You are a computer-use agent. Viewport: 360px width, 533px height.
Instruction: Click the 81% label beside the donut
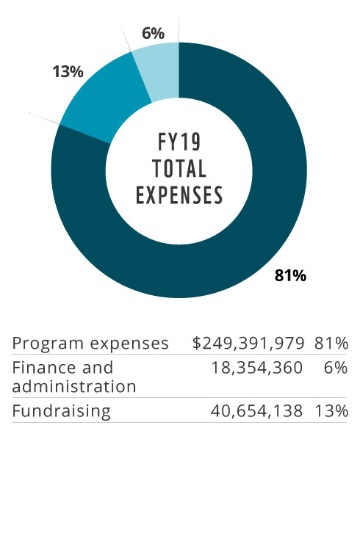coord(290,275)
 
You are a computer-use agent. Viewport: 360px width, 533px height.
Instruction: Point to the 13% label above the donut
coord(68,72)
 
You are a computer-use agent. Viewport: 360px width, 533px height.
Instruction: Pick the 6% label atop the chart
coord(153,33)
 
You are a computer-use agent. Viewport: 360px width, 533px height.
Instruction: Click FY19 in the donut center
coord(179,142)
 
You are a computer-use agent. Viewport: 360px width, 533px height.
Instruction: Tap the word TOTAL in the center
coord(179,169)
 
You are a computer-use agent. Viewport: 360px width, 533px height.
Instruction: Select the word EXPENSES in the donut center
coord(179,195)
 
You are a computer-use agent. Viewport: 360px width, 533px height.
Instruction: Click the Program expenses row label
coord(90,344)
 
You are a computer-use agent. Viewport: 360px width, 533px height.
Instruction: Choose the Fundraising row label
coord(61,411)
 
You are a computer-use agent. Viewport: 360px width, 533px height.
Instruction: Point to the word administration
coord(74,386)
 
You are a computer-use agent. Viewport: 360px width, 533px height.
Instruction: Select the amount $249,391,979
coord(248,344)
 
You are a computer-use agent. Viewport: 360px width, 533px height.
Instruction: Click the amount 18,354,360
coord(257,368)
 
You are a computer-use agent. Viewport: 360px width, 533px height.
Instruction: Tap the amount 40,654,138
coord(256,411)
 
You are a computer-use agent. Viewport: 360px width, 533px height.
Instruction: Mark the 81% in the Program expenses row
coord(331,344)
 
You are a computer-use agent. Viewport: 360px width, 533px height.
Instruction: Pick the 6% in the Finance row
coord(336,368)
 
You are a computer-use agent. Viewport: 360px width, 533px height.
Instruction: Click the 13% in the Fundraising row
coord(331,411)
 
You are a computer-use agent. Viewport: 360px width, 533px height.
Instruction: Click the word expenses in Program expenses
coord(129,344)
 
